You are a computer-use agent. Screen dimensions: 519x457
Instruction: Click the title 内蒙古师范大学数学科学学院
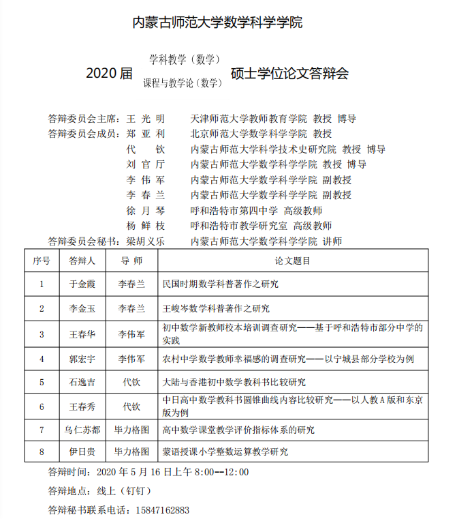point(217,23)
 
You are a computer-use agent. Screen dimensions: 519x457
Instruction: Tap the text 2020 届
point(109,73)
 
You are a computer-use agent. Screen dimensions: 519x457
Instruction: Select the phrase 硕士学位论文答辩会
point(289,73)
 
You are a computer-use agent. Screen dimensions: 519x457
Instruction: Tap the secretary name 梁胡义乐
point(146,241)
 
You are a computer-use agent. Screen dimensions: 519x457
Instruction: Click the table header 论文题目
point(293,261)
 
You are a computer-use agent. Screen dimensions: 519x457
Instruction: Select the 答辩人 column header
point(82,261)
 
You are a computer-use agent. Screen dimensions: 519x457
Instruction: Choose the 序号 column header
point(41,261)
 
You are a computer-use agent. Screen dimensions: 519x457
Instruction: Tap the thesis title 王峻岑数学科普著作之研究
point(216,308)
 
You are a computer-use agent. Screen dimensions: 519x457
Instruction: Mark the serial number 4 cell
point(41,358)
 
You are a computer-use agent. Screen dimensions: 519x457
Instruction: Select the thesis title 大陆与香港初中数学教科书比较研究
point(234,382)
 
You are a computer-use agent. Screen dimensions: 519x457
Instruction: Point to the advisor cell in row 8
point(131,451)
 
